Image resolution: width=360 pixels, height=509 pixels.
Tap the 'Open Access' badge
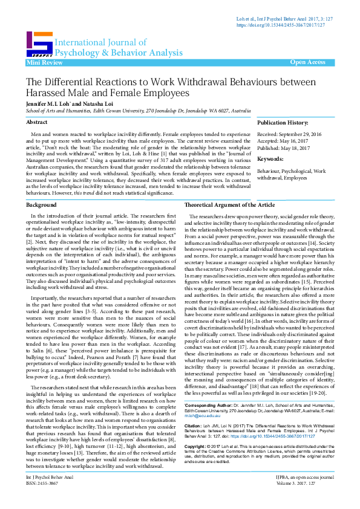(307, 63)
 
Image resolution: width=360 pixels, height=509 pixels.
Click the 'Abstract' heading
(36, 122)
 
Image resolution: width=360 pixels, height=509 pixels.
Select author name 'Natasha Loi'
(102, 104)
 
